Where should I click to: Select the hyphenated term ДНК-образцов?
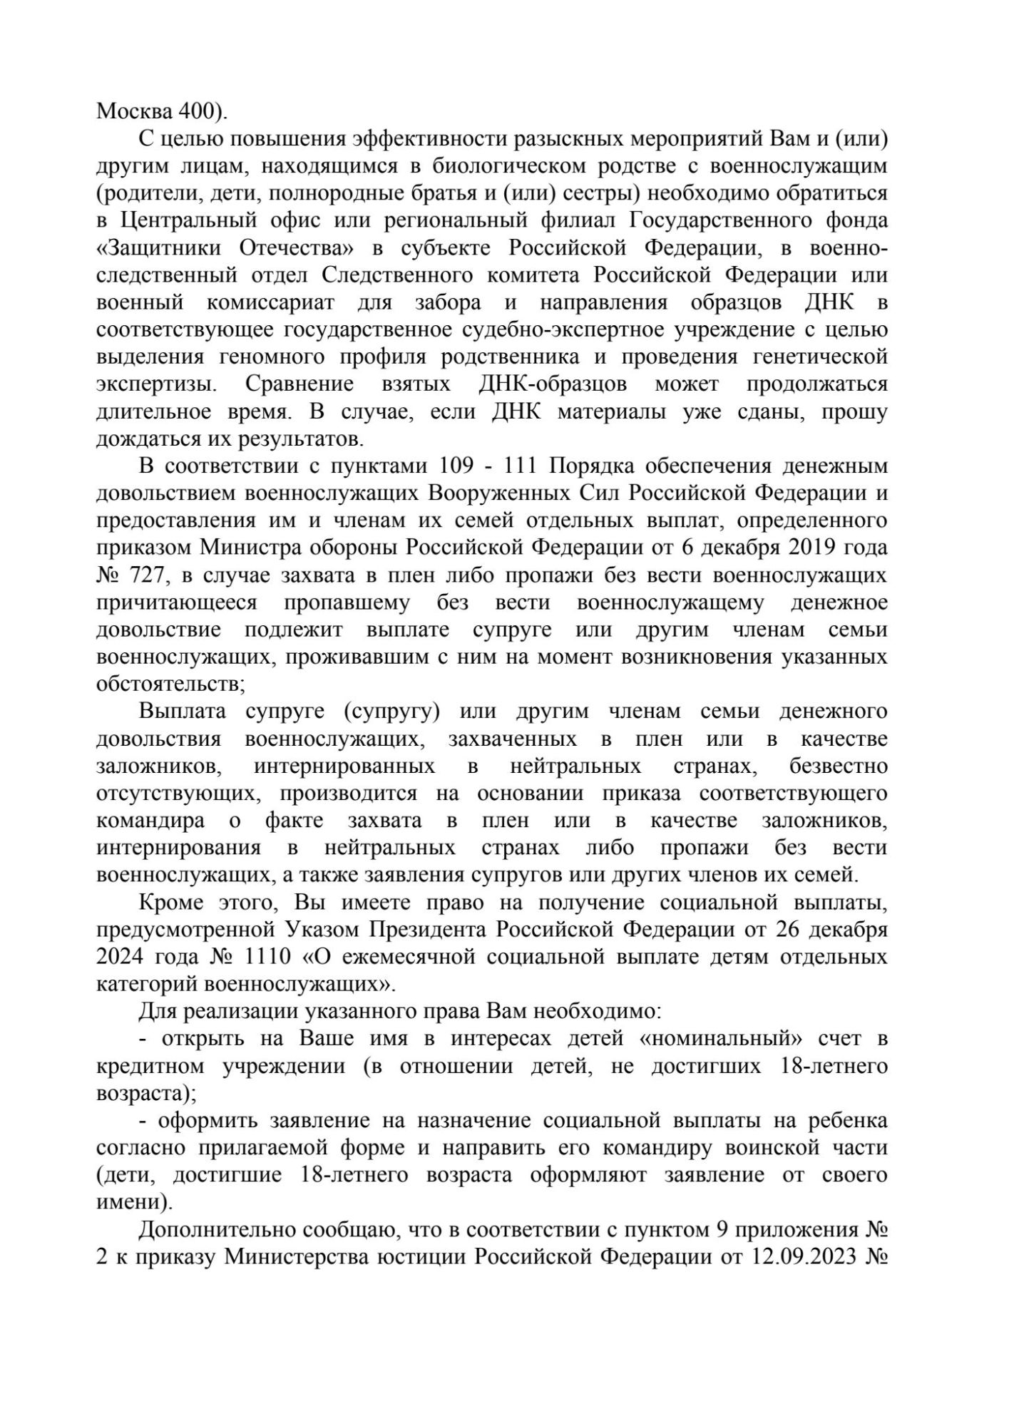[x=553, y=384]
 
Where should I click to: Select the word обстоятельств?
[x=169, y=684]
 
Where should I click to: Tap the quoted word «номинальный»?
[x=714, y=1039]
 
